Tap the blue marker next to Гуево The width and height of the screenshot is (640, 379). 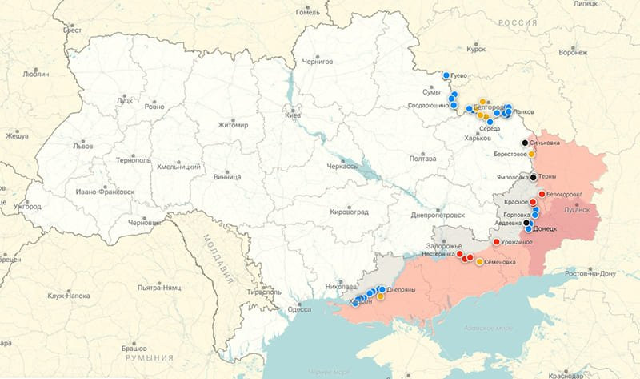point(446,75)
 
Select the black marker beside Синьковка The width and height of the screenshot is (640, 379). point(525,143)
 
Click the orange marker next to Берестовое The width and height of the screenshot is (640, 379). point(532,154)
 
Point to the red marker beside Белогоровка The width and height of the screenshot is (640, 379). point(542,194)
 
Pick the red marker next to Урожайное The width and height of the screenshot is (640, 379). point(496,242)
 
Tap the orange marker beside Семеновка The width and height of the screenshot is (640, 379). point(479,262)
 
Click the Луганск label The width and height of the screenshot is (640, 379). point(576,210)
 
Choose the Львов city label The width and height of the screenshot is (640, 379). point(82,147)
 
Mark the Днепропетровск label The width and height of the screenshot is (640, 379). point(437,215)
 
